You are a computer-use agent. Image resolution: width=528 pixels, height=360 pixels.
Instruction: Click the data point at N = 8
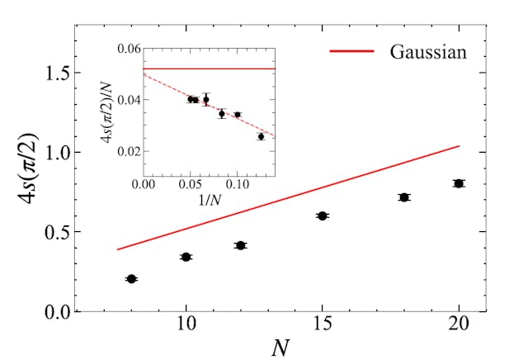131,279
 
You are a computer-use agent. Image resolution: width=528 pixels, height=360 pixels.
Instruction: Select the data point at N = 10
186,257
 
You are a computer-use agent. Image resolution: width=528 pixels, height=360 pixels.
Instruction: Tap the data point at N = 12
240,245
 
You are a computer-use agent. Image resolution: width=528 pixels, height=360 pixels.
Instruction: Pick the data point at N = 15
323,216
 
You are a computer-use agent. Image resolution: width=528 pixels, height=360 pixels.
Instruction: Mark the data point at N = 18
404,197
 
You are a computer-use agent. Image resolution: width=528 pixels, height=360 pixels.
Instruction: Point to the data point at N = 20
459,183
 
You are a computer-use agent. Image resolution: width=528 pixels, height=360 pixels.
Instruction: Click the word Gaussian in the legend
430,52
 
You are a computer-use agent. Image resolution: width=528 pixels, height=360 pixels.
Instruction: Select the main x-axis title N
280,346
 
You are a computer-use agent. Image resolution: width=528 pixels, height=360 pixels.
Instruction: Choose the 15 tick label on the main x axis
323,326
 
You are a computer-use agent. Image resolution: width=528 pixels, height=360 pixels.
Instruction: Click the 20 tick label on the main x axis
459,326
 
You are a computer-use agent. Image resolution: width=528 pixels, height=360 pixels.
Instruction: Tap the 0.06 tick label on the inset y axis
128,50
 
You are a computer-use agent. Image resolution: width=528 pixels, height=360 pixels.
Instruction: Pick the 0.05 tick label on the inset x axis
190,185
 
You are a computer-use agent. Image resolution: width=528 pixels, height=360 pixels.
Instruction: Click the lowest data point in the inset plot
261,136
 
